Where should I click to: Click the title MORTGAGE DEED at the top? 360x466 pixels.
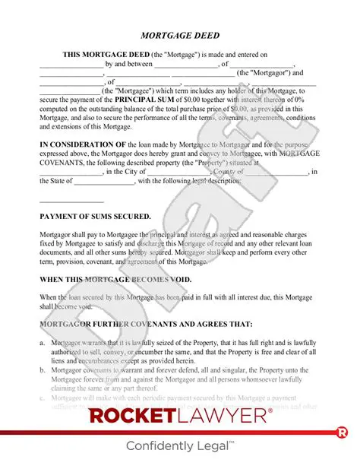click(x=179, y=36)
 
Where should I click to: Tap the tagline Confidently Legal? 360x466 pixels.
click(x=179, y=446)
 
